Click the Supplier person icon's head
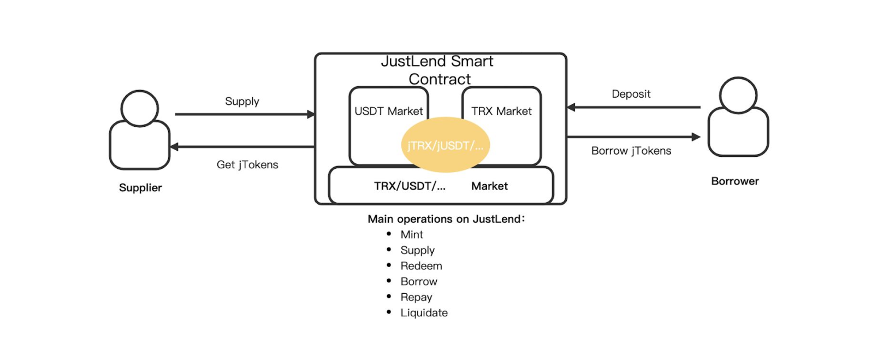pyautogui.click(x=140, y=108)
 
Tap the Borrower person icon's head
pyautogui.click(x=738, y=95)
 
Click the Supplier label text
pyautogui.click(x=140, y=188)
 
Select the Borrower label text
pyautogui.click(x=735, y=181)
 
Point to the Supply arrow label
pyautogui.click(x=242, y=102)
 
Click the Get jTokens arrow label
pyautogui.click(x=247, y=165)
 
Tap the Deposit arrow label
pyautogui.click(x=631, y=94)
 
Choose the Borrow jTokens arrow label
pyautogui.click(x=631, y=151)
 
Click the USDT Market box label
pyautogui.click(x=388, y=111)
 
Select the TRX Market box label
pyautogui.click(x=501, y=111)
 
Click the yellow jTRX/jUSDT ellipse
pyautogui.click(x=446, y=145)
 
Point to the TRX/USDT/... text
pyautogui.click(x=410, y=186)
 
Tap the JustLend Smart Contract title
pyautogui.click(x=438, y=70)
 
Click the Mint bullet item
pyautogui.click(x=412, y=235)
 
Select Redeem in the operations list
pyautogui.click(x=421, y=266)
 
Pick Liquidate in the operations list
pyautogui.click(x=424, y=313)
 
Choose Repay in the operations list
pyautogui.click(x=416, y=297)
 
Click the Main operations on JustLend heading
pyautogui.click(x=446, y=219)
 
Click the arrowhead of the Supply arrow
pyautogui.click(x=311, y=114)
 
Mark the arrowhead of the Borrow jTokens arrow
pyautogui.click(x=696, y=137)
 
